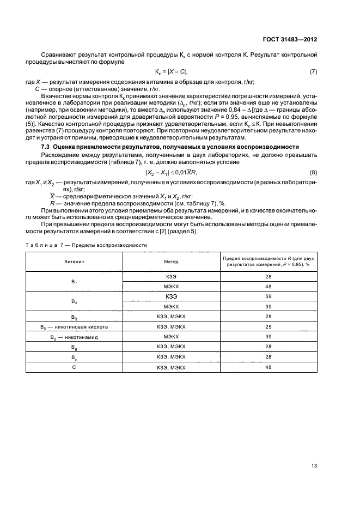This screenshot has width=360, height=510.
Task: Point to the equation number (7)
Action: pyautogui.click(x=313, y=72)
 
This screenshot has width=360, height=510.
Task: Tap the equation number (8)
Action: pyautogui.click(x=313, y=173)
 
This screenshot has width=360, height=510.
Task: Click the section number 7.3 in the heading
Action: pyautogui.click(x=47, y=148)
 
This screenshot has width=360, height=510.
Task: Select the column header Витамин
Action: pyautogui.click(x=74, y=262)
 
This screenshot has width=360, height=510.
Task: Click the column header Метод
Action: pyautogui.click(x=172, y=262)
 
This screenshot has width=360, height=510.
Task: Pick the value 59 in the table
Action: pyautogui.click(x=268, y=297)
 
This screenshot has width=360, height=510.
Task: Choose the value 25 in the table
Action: pyautogui.click(x=268, y=326)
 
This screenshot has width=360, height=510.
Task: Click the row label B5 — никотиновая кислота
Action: pyautogui.click(x=74, y=326)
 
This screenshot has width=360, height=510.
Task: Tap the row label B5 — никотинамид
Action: pyautogui.click(x=74, y=337)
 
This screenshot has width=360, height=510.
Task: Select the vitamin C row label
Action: pyautogui.click(x=74, y=367)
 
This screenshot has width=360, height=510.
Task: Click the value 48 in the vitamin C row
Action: pyautogui.click(x=268, y=367)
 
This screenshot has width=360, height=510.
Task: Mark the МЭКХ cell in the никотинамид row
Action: pyautogui.click(x=172, y=337)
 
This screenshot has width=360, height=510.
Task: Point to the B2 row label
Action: pyautogui.click(x=74, y=301)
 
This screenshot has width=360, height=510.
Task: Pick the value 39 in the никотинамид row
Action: pyautogui.click(x=268, y=337)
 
